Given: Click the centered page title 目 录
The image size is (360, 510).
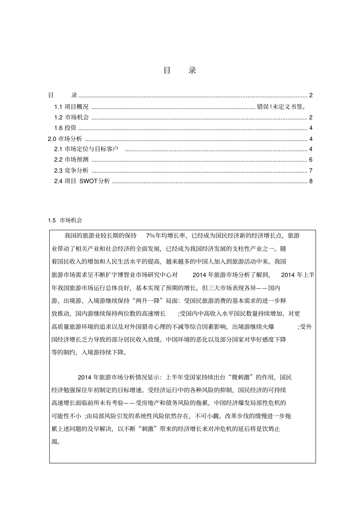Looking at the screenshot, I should click(x=180, y=71).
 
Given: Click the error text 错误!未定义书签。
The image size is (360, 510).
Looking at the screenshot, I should click(x=282, y=107).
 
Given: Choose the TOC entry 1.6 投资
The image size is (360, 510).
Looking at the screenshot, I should click(x=65, y=128).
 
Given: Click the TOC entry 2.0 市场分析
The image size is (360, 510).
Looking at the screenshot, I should click(x=65, y=139).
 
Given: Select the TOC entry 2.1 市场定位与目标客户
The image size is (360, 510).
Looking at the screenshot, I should click(x=86, y=149).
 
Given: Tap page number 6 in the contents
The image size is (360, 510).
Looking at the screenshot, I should click(x=311, y=160).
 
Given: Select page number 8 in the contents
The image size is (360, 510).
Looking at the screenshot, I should click(x=311, y=181).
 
